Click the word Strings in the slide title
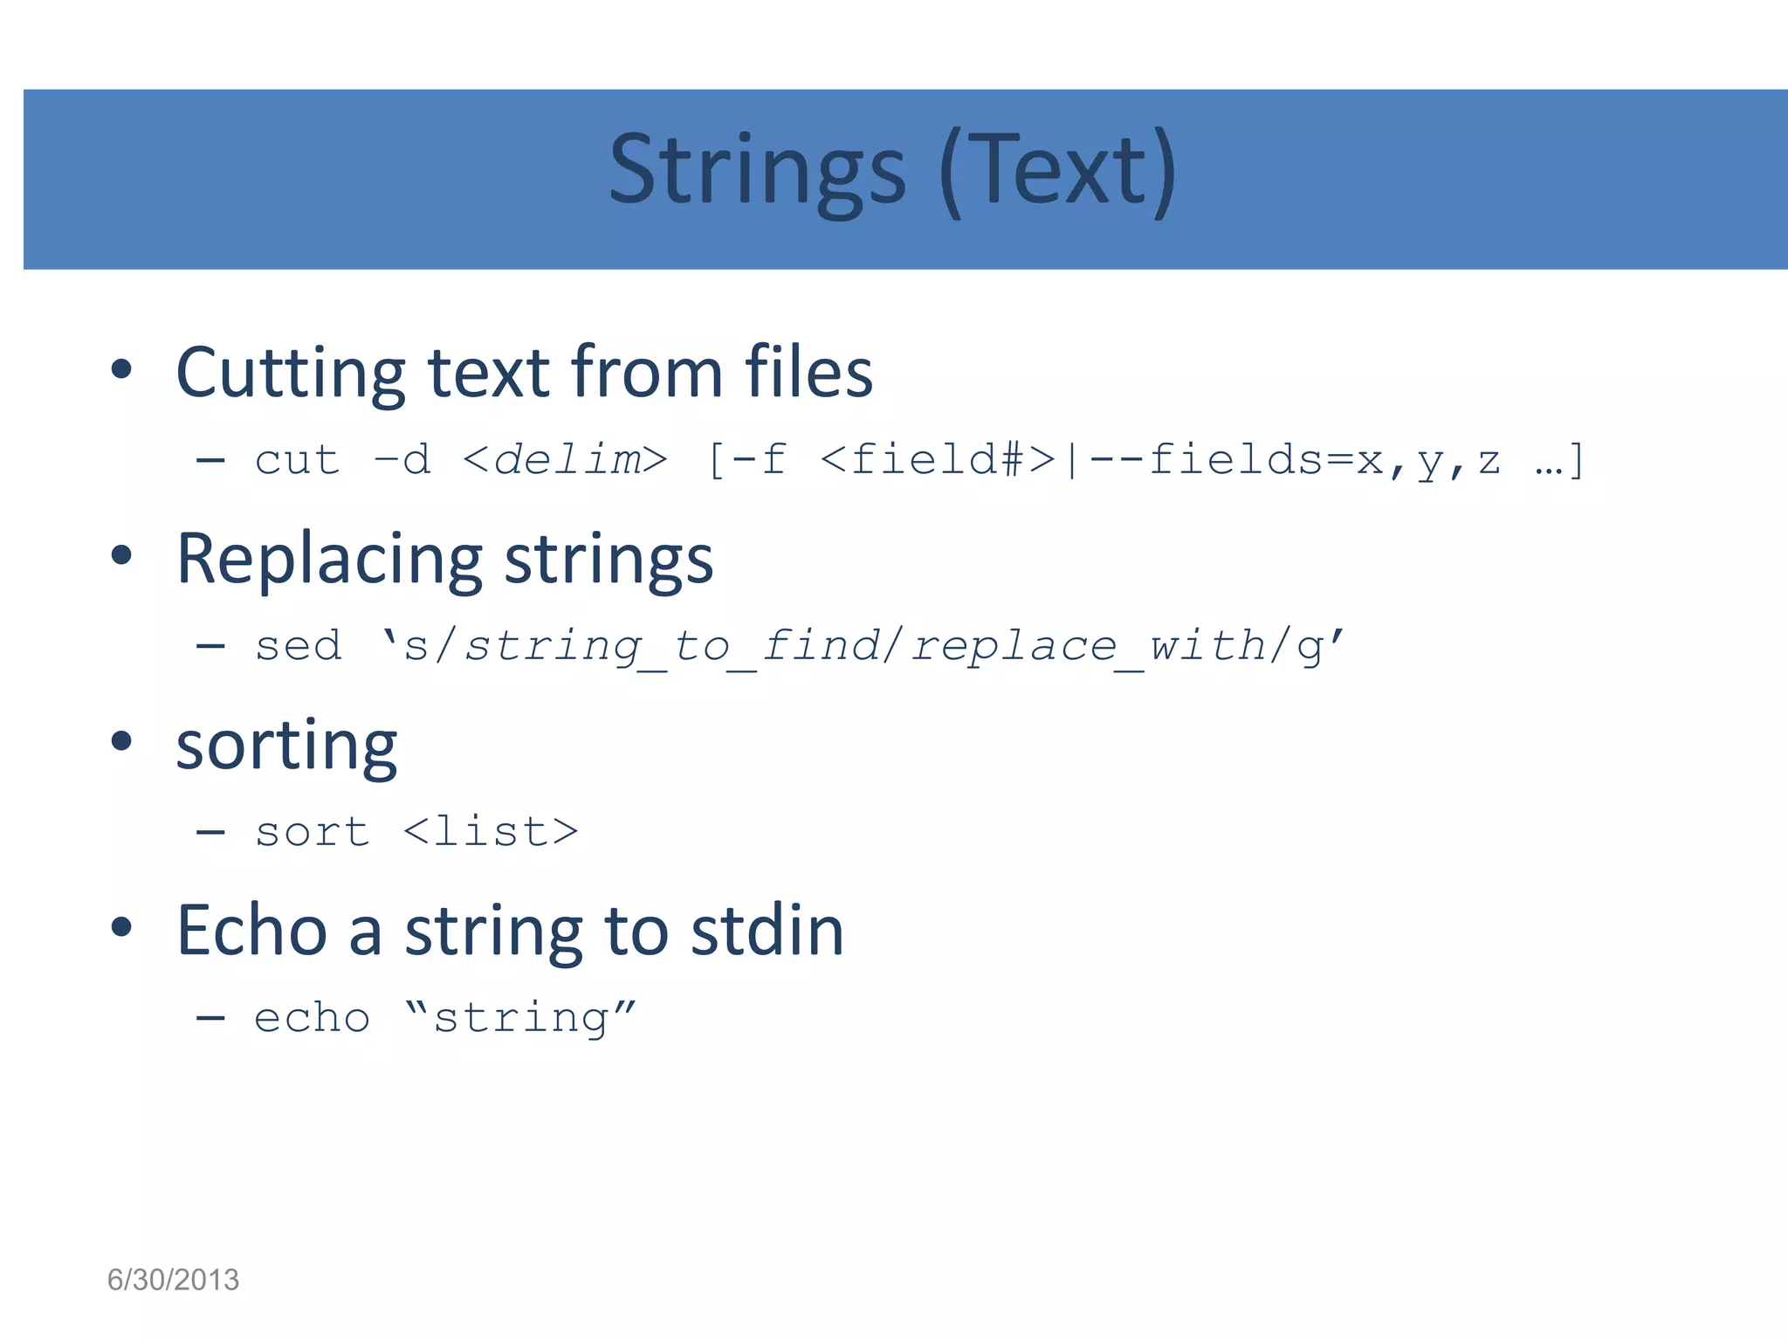tap(757, 170)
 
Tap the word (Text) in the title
tap(1058, 170)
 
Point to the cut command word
tap(297, 460)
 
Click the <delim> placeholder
tap(565, 460)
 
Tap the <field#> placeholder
tap(939, 460)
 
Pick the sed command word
tap(298, 647)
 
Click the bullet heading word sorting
tap(286, 746)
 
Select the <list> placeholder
tap(491, 832)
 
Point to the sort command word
tap(312, 832)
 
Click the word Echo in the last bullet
tap(251, 932)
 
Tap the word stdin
tap(767, 932)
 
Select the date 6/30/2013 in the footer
tap(173, 1280)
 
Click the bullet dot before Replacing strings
tap(121, 555)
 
